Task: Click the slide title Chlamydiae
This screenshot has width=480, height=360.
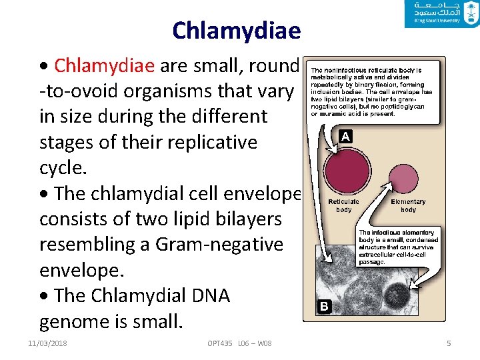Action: (x=236, y=30)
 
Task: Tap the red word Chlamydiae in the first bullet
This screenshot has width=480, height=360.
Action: (x=104, y=65)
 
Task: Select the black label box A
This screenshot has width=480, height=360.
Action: (x=344, y=137)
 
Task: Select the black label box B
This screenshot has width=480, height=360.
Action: (x=323, y=307)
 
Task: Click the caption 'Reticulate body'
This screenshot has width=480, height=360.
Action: (x=344, y=205)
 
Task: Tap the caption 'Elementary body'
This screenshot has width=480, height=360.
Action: (x=408, y=205)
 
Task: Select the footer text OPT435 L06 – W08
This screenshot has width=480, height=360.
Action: (x=239, y=343)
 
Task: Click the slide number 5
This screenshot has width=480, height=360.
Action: (x=449, y=343)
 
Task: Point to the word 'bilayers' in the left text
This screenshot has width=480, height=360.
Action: (x=247, y=219)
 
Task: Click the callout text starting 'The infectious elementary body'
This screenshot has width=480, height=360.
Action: (x=399, y=247)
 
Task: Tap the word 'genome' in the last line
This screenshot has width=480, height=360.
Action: (x=75, y=322)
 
